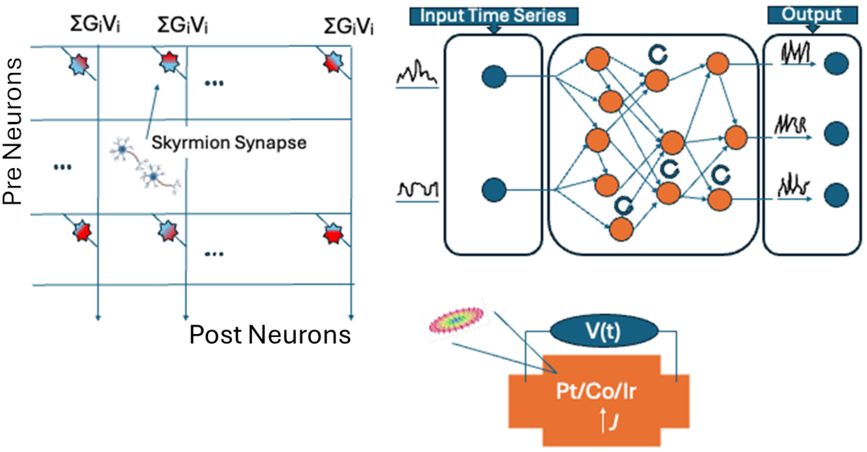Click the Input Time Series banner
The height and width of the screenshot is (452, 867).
(493, 16)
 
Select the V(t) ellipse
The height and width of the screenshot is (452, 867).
(603, 332)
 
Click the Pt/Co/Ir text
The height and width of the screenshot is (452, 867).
(596, 392)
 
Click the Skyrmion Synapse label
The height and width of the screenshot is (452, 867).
(229, 143)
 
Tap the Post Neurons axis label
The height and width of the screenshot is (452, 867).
(270, 335)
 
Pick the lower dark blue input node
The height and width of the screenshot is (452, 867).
(494, 190)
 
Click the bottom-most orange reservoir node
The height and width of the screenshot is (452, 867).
(621, 229)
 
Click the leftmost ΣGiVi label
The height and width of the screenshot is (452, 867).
(95, 24)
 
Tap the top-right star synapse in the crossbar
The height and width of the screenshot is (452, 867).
(333, 63)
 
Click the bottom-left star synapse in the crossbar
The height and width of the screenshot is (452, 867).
(82, 231)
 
